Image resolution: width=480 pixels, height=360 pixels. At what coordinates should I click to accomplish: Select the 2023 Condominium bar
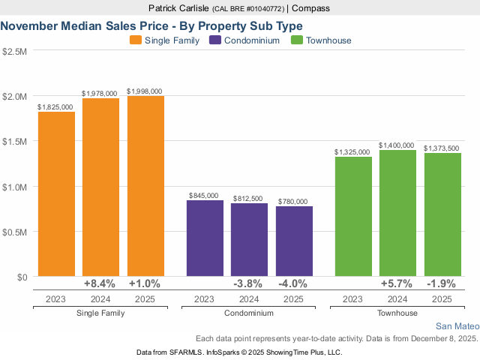205,238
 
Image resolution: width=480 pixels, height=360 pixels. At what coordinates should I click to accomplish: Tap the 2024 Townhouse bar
397,213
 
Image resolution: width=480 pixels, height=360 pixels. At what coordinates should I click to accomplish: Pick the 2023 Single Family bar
56,194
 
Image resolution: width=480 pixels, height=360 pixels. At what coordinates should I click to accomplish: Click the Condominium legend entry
244,40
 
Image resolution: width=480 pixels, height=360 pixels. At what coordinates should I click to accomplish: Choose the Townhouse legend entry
322,40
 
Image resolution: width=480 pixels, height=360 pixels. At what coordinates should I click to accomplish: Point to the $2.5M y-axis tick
14,51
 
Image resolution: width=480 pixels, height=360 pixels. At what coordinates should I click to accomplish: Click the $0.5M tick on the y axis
14,232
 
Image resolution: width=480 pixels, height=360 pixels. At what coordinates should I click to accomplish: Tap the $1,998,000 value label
145,91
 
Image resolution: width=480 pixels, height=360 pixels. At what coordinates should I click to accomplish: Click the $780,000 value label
294,201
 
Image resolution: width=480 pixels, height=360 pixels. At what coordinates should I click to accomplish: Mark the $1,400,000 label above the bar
397,145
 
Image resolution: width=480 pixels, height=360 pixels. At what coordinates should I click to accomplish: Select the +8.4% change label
100,284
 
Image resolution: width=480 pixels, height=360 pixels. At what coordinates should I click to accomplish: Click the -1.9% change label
442,284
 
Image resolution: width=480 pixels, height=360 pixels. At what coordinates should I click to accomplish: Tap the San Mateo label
456,326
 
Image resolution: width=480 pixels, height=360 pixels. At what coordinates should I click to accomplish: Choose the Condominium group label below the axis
249,313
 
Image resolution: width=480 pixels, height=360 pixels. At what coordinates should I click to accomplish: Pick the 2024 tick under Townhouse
397,298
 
